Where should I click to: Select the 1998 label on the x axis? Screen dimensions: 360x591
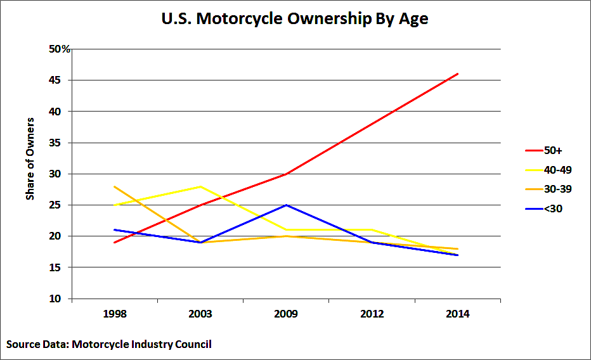point(114,314)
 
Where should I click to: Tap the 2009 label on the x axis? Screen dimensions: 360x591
point(286,314)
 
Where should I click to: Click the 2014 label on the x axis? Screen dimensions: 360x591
point(457,314)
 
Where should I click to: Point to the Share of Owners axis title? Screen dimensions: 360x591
point(30,158)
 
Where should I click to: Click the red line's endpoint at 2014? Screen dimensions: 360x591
point(457,74)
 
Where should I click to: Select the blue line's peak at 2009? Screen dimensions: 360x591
point(286,205)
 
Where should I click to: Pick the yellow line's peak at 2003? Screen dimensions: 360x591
point(200,186)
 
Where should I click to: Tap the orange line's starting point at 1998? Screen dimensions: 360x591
point(115,186)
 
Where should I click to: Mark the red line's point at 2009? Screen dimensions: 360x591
point(286,174)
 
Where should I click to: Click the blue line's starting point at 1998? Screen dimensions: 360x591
point(115,230)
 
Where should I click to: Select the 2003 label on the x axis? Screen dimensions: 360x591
point(200,314)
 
